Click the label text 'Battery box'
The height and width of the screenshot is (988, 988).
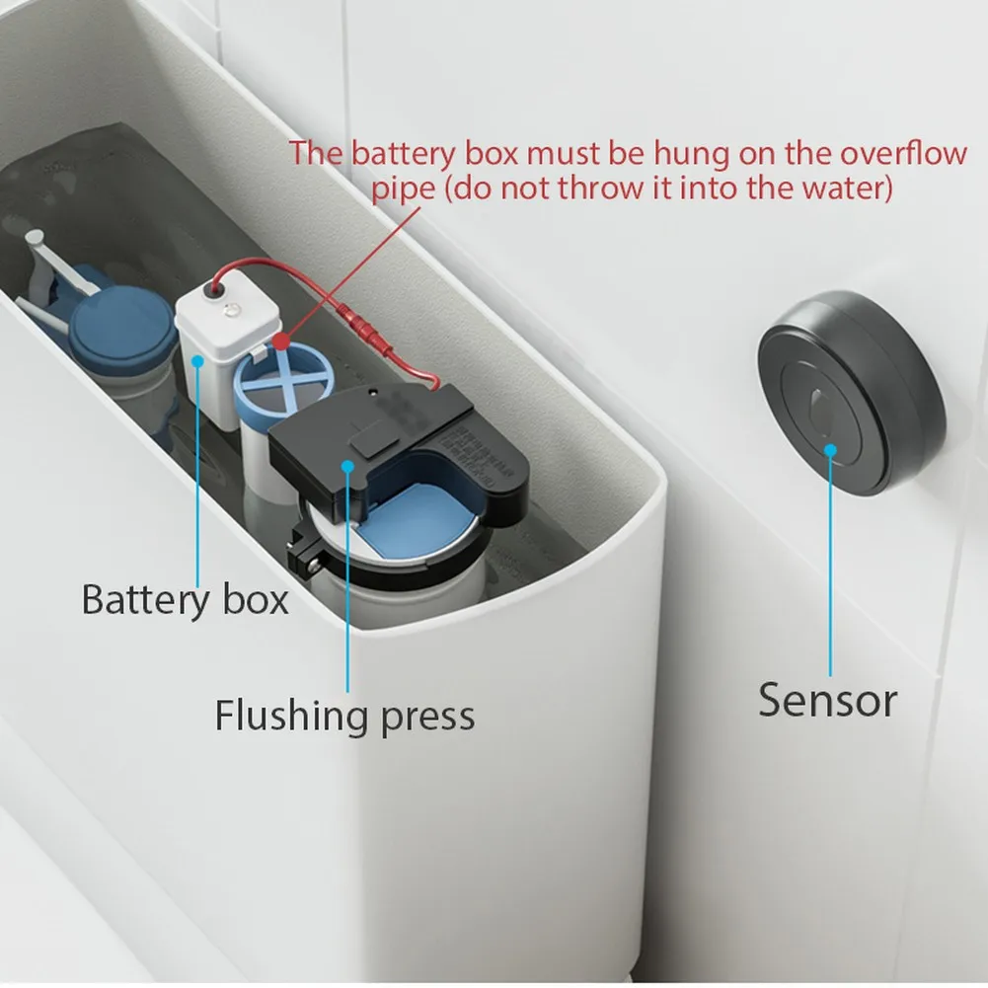coord(185,599)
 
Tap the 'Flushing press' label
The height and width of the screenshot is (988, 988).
coord(344,715)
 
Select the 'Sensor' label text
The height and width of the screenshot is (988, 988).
coord(827,700)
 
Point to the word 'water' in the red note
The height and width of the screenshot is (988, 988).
coord(842,188)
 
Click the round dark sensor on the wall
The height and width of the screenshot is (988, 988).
coord(851,393)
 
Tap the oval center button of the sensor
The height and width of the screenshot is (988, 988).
coord(819,406)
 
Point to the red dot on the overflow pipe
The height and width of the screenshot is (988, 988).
coord(282,342)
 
